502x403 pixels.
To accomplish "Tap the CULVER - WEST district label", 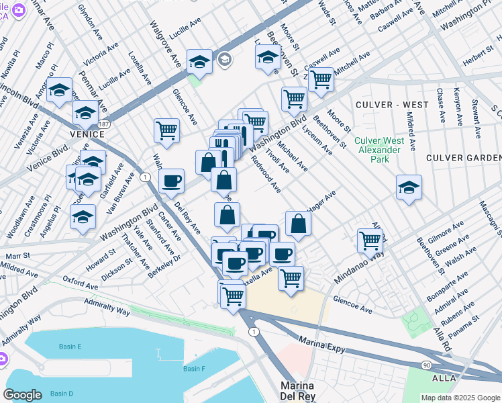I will (392, 105).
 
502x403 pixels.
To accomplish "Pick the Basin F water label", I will (194, 369).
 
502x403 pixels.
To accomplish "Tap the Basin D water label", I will (61, 393).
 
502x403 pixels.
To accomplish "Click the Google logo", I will (22, 395).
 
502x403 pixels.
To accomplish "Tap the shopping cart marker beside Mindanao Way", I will (370, 240).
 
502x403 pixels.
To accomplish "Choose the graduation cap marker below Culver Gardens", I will (408, 187).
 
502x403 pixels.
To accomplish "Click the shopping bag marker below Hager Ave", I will (298, 224).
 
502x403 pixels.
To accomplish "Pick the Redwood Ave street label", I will (265, 174).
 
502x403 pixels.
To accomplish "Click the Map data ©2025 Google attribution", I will (460, 398).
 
